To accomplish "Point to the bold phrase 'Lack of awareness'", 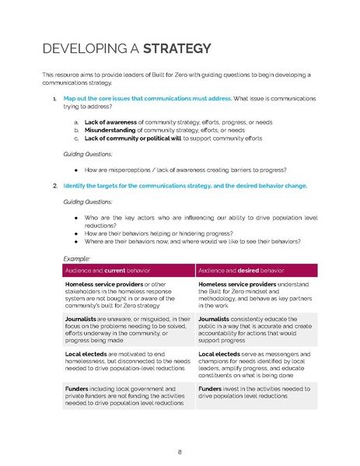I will pyautogui.click(x=109, y=123).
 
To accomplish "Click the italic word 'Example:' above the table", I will pyautogui.click(x=77, y=258).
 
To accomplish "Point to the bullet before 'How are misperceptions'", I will pyautogui.click(x=75, y=170).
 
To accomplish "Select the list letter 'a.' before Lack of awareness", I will pyautogui.click(x=75, y=123).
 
